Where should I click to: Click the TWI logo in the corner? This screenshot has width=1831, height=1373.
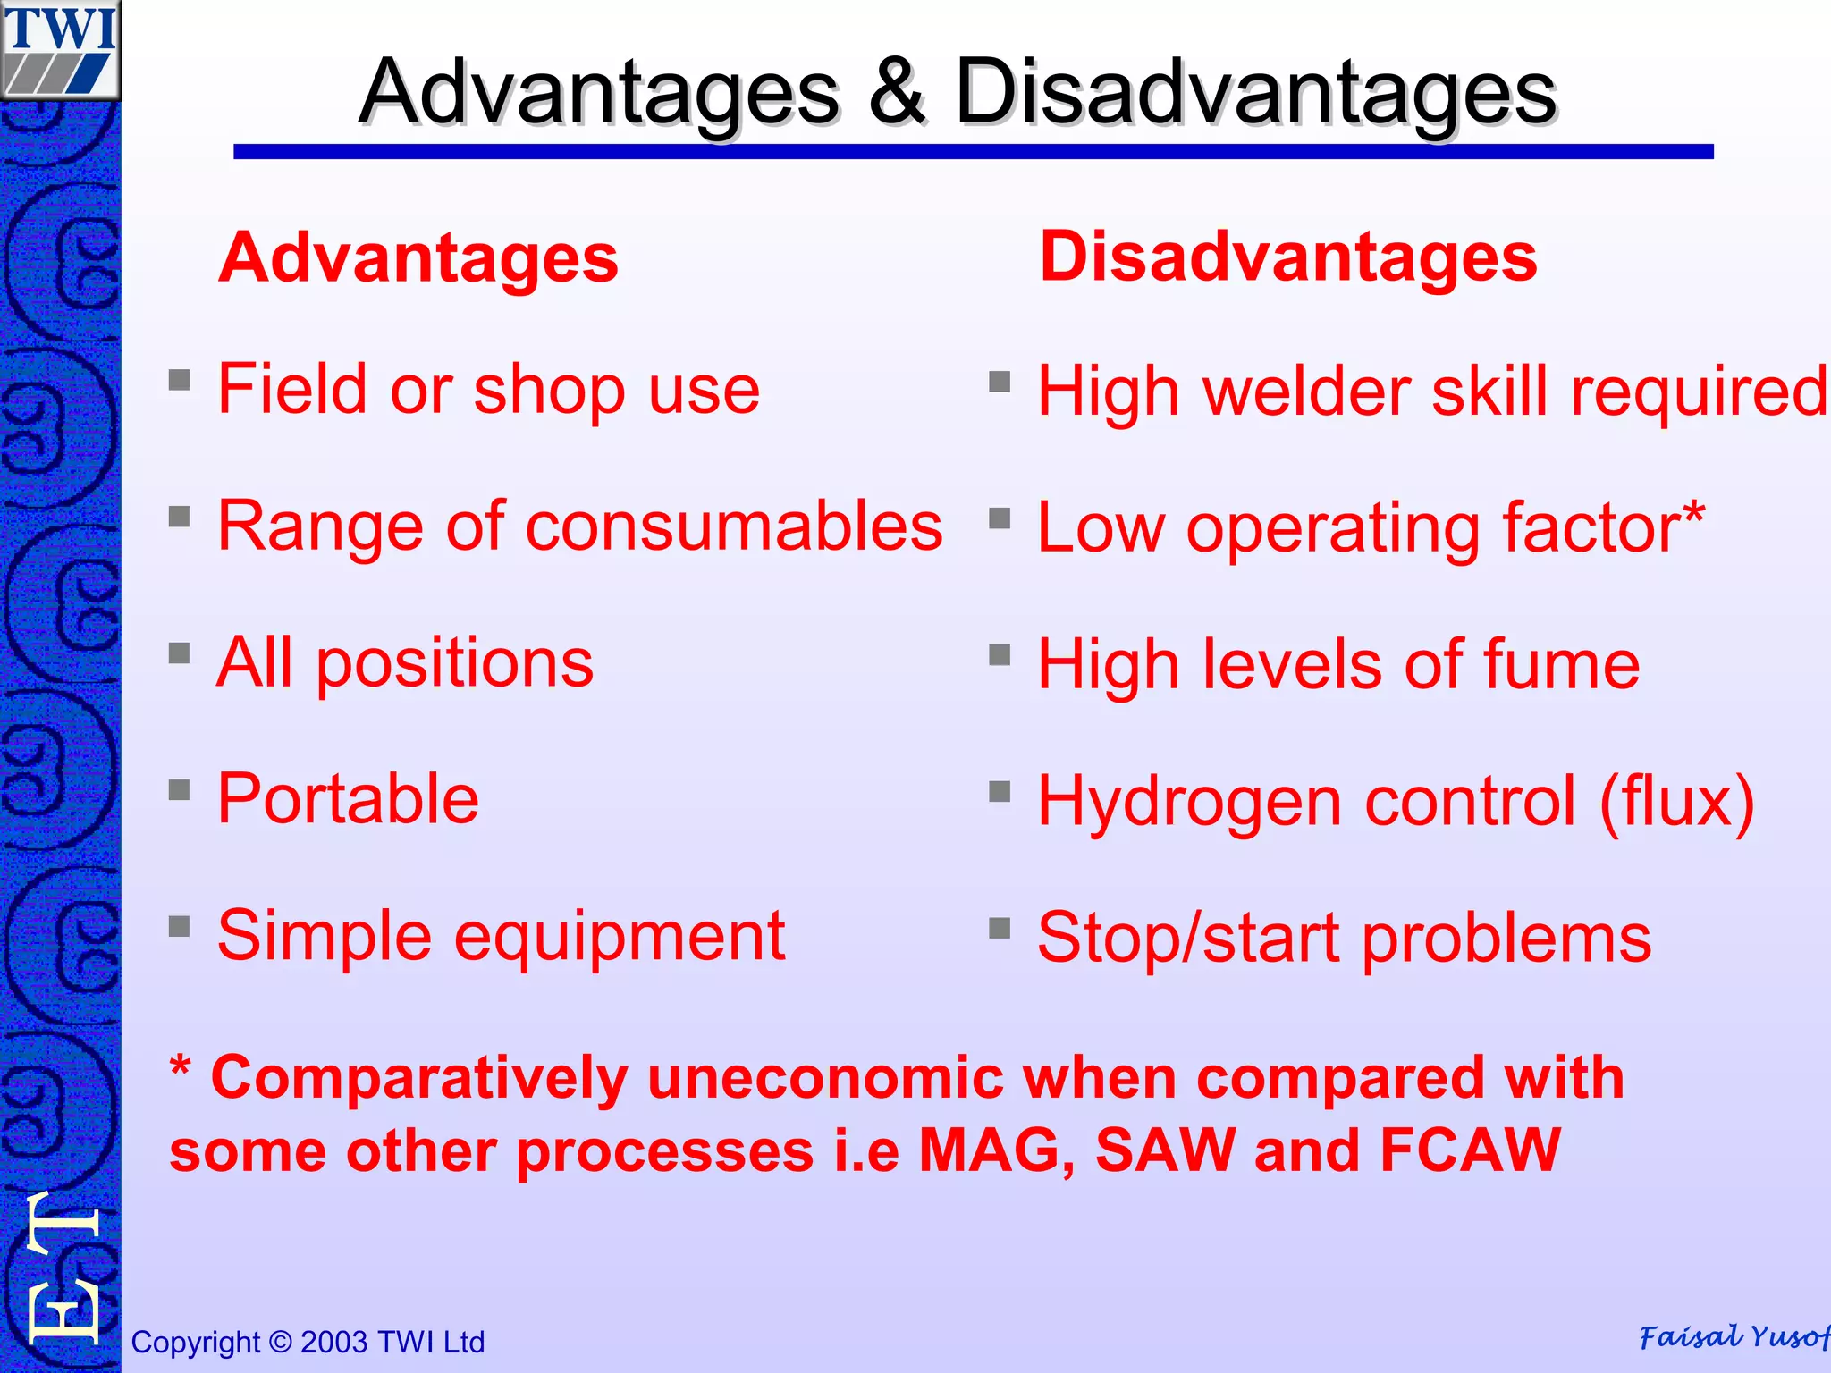[60, 49]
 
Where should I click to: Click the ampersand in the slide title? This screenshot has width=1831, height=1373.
[896, 91]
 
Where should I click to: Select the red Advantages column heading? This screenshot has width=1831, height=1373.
[418, 258]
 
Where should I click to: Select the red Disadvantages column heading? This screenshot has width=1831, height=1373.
[1287, 257]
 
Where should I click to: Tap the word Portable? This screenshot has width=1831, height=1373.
[348, 798]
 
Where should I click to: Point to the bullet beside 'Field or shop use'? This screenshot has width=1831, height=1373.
[180, 381]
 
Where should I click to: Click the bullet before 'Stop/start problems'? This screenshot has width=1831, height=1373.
[1000, 929]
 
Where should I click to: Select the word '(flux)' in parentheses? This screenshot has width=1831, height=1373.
[1677, 802]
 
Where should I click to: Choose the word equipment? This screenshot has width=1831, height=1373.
[620, 937]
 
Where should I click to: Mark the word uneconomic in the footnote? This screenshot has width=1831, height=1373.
[823, 1077]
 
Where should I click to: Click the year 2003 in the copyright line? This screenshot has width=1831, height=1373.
[333, 1342]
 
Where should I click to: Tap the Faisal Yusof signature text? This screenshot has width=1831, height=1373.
[1733, 1337]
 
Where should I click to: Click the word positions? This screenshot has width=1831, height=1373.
[454, 663]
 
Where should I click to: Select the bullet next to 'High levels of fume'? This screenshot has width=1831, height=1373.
[1000, 656]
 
